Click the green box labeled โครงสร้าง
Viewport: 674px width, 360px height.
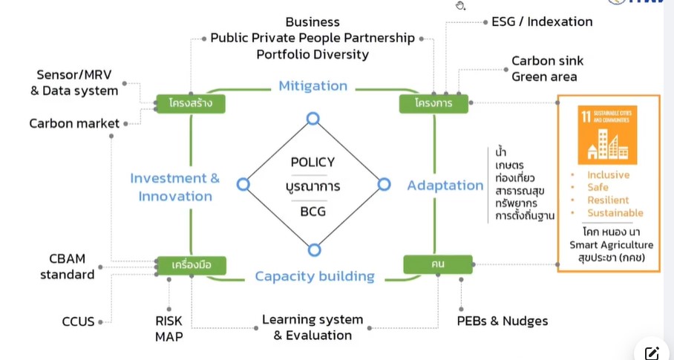[191, 103]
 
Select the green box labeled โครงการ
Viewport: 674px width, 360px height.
[433, 103]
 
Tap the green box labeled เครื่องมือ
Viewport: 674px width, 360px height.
[191, 265]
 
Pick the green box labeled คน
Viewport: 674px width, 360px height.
[438, 264]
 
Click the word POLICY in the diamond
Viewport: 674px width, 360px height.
[313, 162]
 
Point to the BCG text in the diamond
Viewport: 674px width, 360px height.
[313, 212]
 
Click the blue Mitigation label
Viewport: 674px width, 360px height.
[313, 86]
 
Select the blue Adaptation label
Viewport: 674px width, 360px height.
[445, 186]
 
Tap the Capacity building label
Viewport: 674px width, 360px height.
[315, 276]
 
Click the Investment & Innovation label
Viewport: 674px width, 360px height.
[175, 187]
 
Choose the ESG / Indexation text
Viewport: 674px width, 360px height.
[542, 22]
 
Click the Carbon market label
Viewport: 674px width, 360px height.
[74, 123]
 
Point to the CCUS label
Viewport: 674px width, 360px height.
[79, 321]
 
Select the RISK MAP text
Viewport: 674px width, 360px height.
[168, 328]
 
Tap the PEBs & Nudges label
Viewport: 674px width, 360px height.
[503, 321]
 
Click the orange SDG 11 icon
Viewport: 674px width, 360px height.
[607, 134]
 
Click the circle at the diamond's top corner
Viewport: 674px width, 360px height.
[313, 119]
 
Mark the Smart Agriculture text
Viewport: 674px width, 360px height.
[611, 245]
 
